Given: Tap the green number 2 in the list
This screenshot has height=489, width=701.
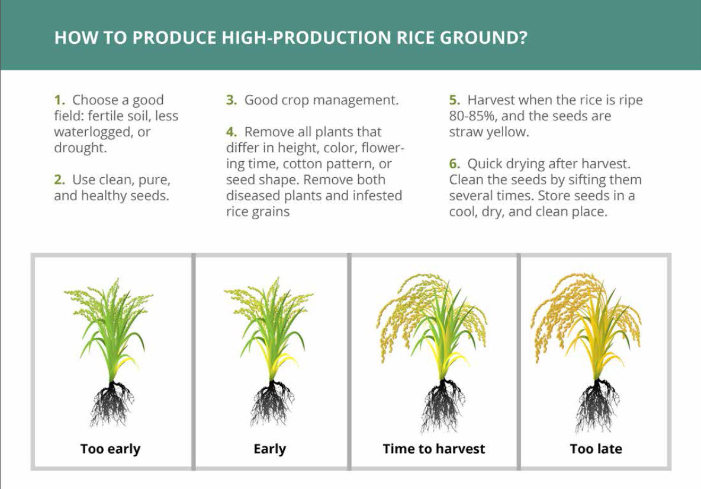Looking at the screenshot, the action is point(59,180).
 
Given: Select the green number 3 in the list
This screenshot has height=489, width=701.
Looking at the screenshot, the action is point(231,100).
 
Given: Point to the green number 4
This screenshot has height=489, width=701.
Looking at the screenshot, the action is point(231,132).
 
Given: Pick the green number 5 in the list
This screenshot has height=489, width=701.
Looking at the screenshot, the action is point(454,100).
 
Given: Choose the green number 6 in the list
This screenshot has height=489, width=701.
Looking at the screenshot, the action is point(454,164).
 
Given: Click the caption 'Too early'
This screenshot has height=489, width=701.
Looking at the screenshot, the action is point(111,449).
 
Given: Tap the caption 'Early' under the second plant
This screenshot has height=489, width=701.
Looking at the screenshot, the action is point(269,449).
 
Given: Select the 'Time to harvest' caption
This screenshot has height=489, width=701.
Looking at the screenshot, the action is point(433,449).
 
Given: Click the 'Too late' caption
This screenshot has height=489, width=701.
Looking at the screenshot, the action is point(596,449).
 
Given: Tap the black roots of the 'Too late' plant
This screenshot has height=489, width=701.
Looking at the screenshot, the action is point(597,405).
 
